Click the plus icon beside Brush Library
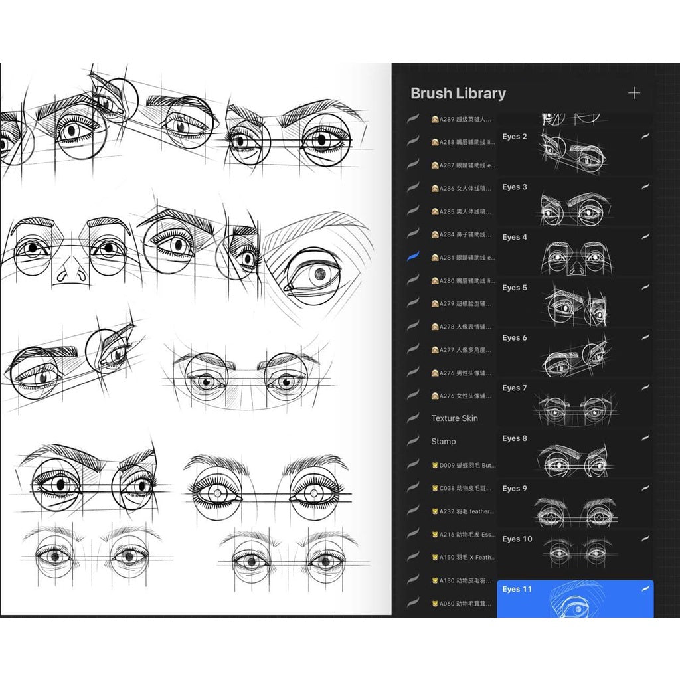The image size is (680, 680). click(634, 93)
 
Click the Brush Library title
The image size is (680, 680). click(458, 94)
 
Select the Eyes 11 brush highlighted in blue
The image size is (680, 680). click(575, 598)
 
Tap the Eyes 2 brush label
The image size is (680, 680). click(515, 137)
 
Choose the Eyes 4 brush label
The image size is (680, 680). click(515, 237)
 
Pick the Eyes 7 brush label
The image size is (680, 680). click(515, 388)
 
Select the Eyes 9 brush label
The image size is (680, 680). click(515, 489)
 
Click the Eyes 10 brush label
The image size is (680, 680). click(517, 539)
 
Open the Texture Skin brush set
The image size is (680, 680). click(454, 418)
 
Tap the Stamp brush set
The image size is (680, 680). click(443, 442)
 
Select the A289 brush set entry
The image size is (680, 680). click(462, 120)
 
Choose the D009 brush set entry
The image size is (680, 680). click(463, 465)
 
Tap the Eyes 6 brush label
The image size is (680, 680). click(515, 338)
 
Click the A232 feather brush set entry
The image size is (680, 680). click(463, 511)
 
